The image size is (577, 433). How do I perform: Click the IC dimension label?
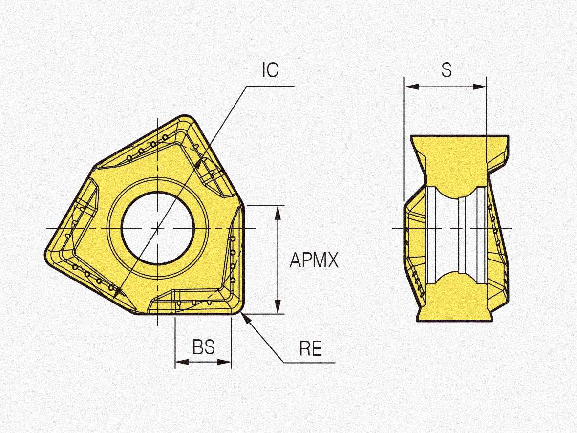(x=271, y=70)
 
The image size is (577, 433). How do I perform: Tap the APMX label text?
(x=314, y=260)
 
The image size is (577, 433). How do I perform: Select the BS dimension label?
(x=204, y=347)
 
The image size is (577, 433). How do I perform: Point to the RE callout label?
(x=311, y=348)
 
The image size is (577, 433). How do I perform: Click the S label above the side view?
(x=447, y=69)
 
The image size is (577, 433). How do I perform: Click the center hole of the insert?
(x=158, y=228)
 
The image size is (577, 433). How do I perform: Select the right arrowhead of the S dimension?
(x=479, y=87)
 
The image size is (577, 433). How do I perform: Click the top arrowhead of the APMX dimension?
(x=278, y=213)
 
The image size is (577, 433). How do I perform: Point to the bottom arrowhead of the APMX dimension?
(x=278, y=307)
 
